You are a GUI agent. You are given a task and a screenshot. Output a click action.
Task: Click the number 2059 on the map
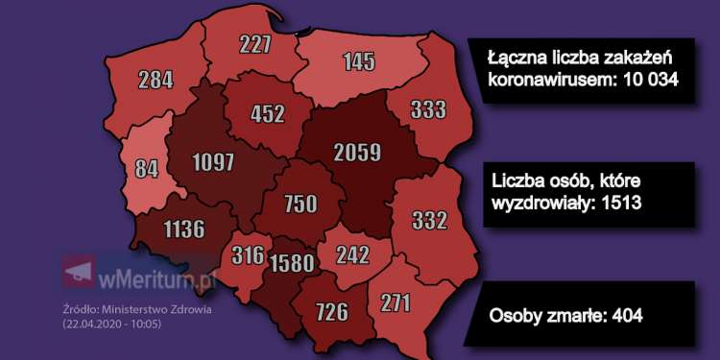pos(358,152)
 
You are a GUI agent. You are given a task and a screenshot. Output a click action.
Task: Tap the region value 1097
pos(212,162)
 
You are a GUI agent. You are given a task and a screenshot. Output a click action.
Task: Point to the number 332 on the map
pos(429,221)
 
